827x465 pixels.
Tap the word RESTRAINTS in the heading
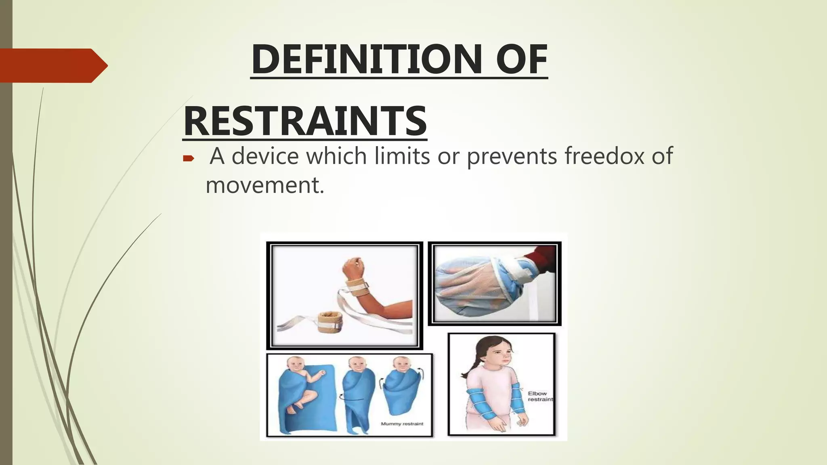tap(305, 121)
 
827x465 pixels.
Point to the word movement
tap(264, 186)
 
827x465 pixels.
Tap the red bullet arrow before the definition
tap(189, 158)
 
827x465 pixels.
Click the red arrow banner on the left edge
tap(52, 65)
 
